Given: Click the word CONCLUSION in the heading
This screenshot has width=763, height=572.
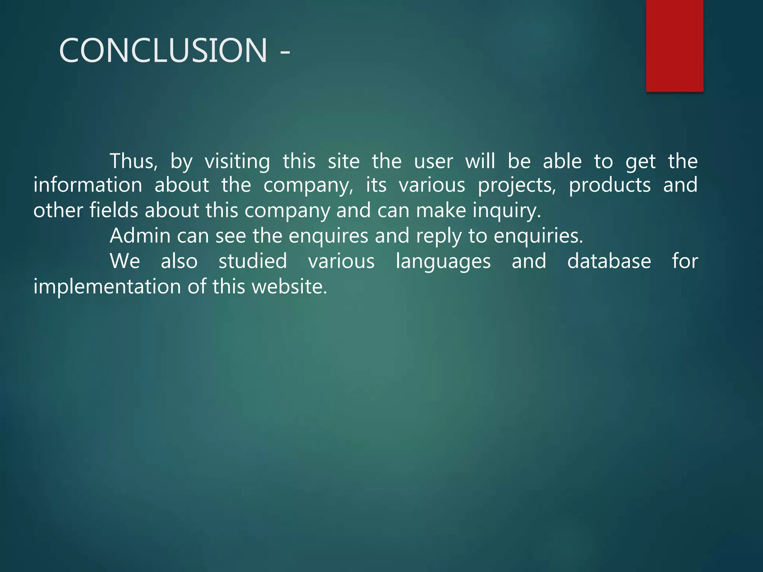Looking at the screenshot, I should [163, 50].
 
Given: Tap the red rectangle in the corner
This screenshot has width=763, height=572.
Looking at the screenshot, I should [674, 45].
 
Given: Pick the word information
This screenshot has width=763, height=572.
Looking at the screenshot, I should [88, 185].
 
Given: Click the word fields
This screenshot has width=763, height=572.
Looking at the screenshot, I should [114, 210].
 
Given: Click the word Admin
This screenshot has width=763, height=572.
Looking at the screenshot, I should [140, 236].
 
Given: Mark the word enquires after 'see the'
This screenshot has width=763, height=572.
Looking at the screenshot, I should [328, 236].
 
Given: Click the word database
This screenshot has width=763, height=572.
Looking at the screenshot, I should [609, 261].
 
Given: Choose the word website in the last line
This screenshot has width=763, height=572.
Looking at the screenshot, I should [289, 287].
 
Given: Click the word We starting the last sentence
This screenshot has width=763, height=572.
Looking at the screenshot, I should [125, 261].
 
